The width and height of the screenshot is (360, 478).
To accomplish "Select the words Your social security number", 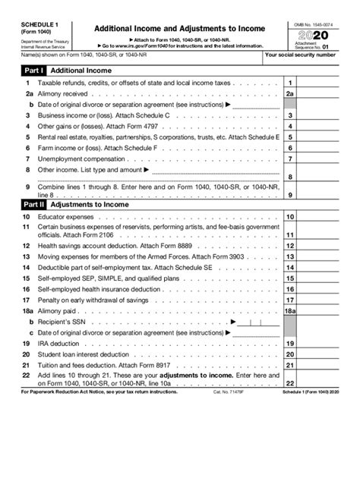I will point(309,55).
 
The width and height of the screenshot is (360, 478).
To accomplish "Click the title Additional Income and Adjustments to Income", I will point(179,29).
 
